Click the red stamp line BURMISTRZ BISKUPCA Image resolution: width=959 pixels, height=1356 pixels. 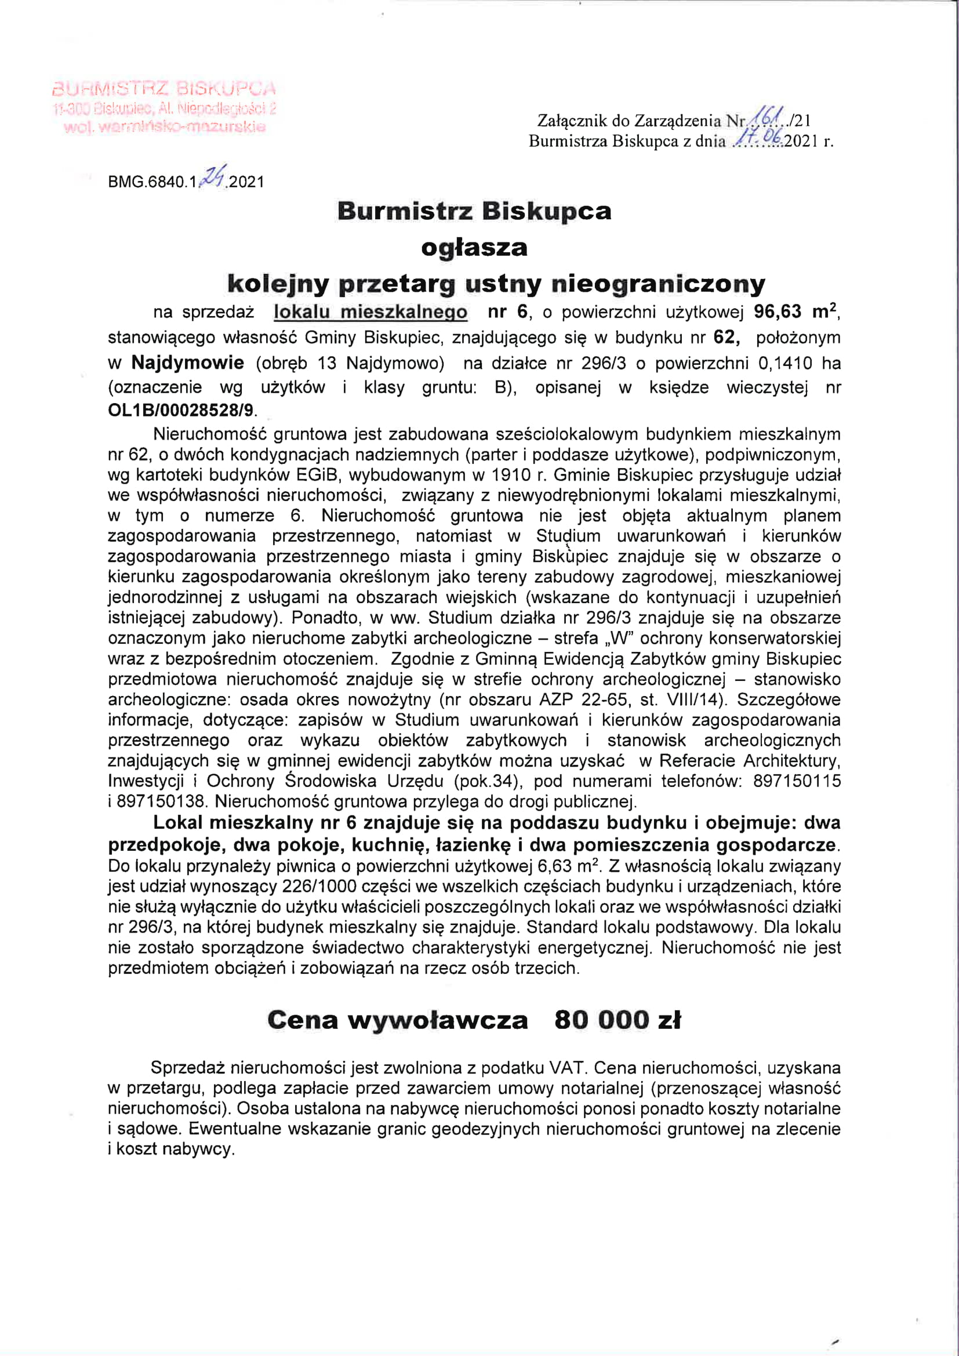[x=164, y=89]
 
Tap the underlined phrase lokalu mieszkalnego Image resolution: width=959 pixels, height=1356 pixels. [x=370, y=312]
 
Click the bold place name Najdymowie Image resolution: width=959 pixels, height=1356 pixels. [x=188, y=362]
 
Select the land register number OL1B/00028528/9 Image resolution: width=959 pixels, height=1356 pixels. [x=181, y=410]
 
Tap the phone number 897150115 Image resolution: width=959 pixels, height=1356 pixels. [x=797, y=781]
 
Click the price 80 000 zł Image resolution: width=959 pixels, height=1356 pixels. [x=617, y=1020]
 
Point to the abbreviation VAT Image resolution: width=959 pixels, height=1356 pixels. [x=566, y=1067]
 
